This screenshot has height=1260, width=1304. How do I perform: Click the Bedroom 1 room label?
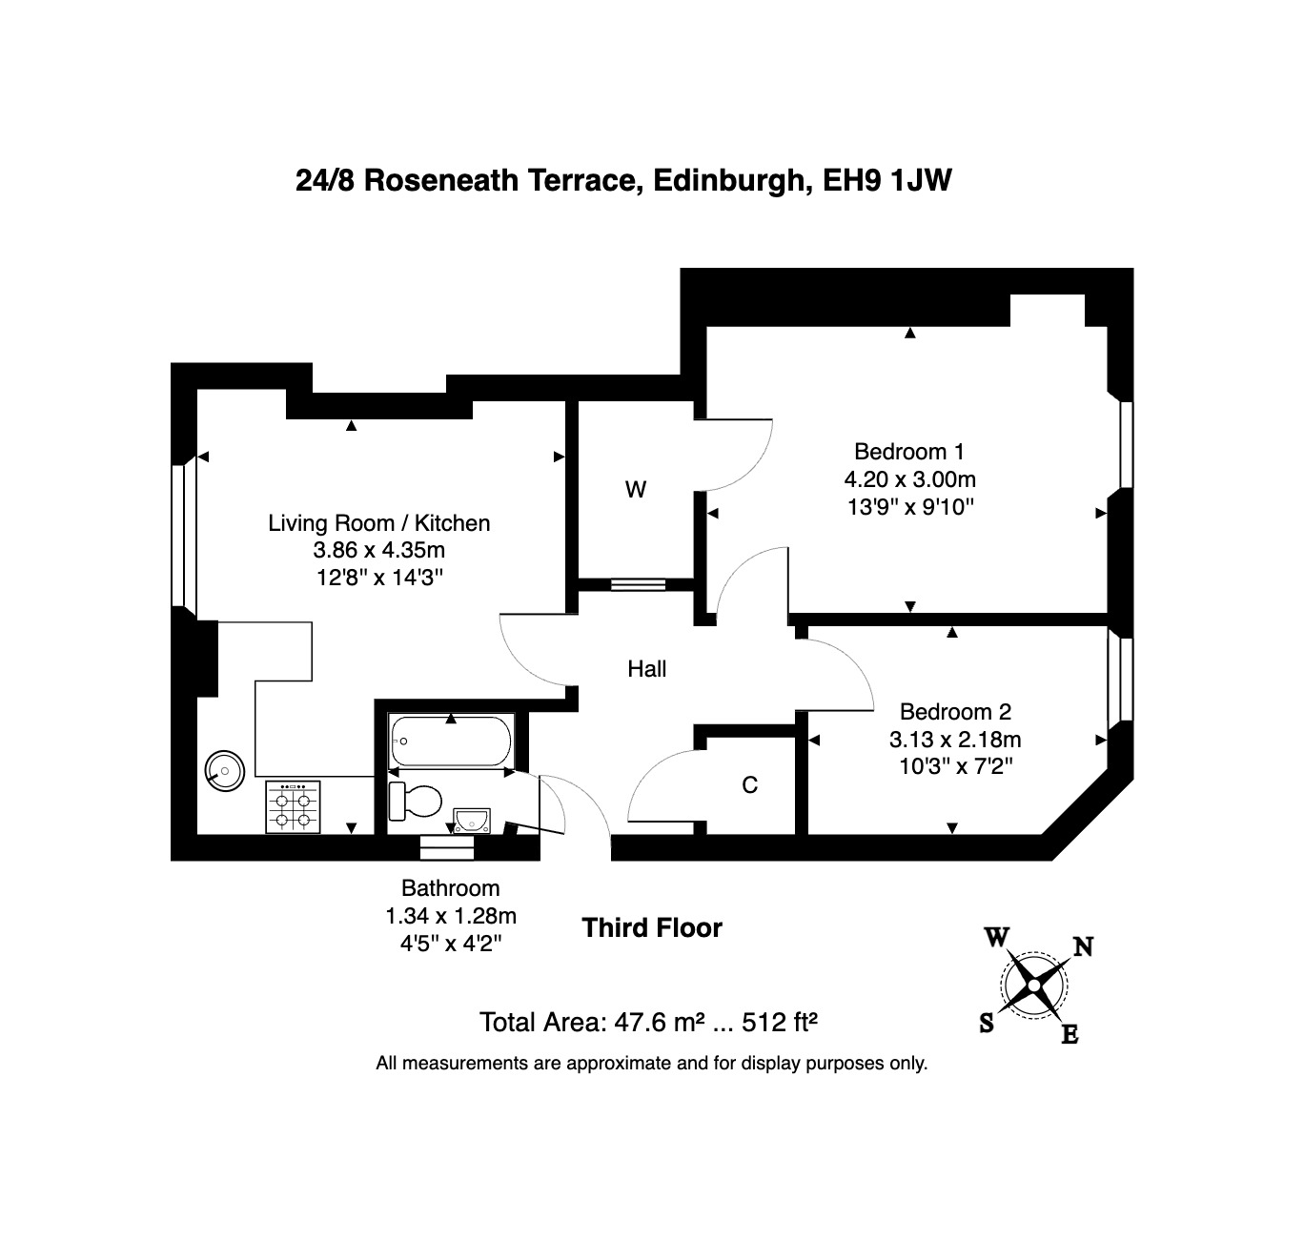908,452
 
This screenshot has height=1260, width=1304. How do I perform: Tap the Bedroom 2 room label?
955,711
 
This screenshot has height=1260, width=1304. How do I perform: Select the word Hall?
646,668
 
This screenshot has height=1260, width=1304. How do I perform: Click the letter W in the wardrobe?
635,490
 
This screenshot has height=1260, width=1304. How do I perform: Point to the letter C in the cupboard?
750,784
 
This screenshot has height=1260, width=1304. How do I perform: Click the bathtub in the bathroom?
451,741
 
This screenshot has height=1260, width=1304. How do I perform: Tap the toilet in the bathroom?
416,801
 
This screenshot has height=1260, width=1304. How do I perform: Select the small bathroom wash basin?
472,820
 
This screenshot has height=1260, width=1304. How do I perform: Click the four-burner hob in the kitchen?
293,807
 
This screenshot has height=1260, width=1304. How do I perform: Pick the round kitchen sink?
225,770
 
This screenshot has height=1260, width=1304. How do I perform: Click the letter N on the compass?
1084,946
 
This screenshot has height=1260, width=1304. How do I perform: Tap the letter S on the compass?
987,1023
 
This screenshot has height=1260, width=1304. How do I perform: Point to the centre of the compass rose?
1034,986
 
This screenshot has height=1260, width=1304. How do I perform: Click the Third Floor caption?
652,927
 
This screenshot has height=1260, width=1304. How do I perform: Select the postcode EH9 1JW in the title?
887,180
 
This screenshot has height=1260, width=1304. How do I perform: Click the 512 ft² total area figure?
780,1022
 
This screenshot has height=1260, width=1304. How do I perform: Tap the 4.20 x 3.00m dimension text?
910,479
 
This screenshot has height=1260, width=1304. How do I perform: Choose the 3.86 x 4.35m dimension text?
379,550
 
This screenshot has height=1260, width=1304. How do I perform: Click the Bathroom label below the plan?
450,888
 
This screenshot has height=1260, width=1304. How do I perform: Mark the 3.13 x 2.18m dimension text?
955,740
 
